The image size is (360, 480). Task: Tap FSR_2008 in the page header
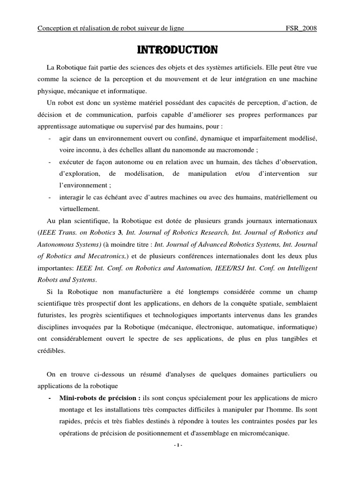coord(301,29)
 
